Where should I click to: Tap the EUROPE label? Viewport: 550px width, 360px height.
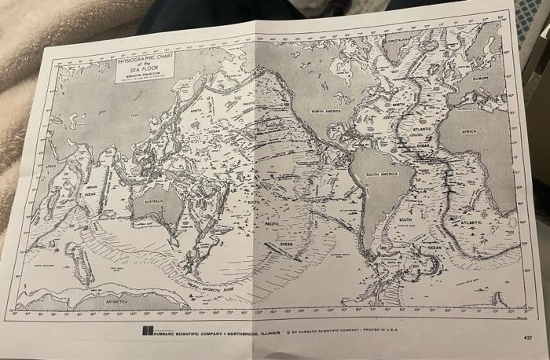[481, 78]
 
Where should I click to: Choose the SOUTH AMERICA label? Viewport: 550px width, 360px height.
[382, 174]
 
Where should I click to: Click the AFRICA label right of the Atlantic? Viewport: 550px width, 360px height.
[469, 131]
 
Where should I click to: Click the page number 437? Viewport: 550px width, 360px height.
[526, 337]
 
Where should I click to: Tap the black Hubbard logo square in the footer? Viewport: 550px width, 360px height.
[146, 331]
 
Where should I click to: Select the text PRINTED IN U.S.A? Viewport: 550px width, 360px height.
[383, 332]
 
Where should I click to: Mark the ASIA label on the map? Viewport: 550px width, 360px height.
[134, 115]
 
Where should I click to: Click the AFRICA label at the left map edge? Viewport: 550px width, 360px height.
[50, 167]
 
